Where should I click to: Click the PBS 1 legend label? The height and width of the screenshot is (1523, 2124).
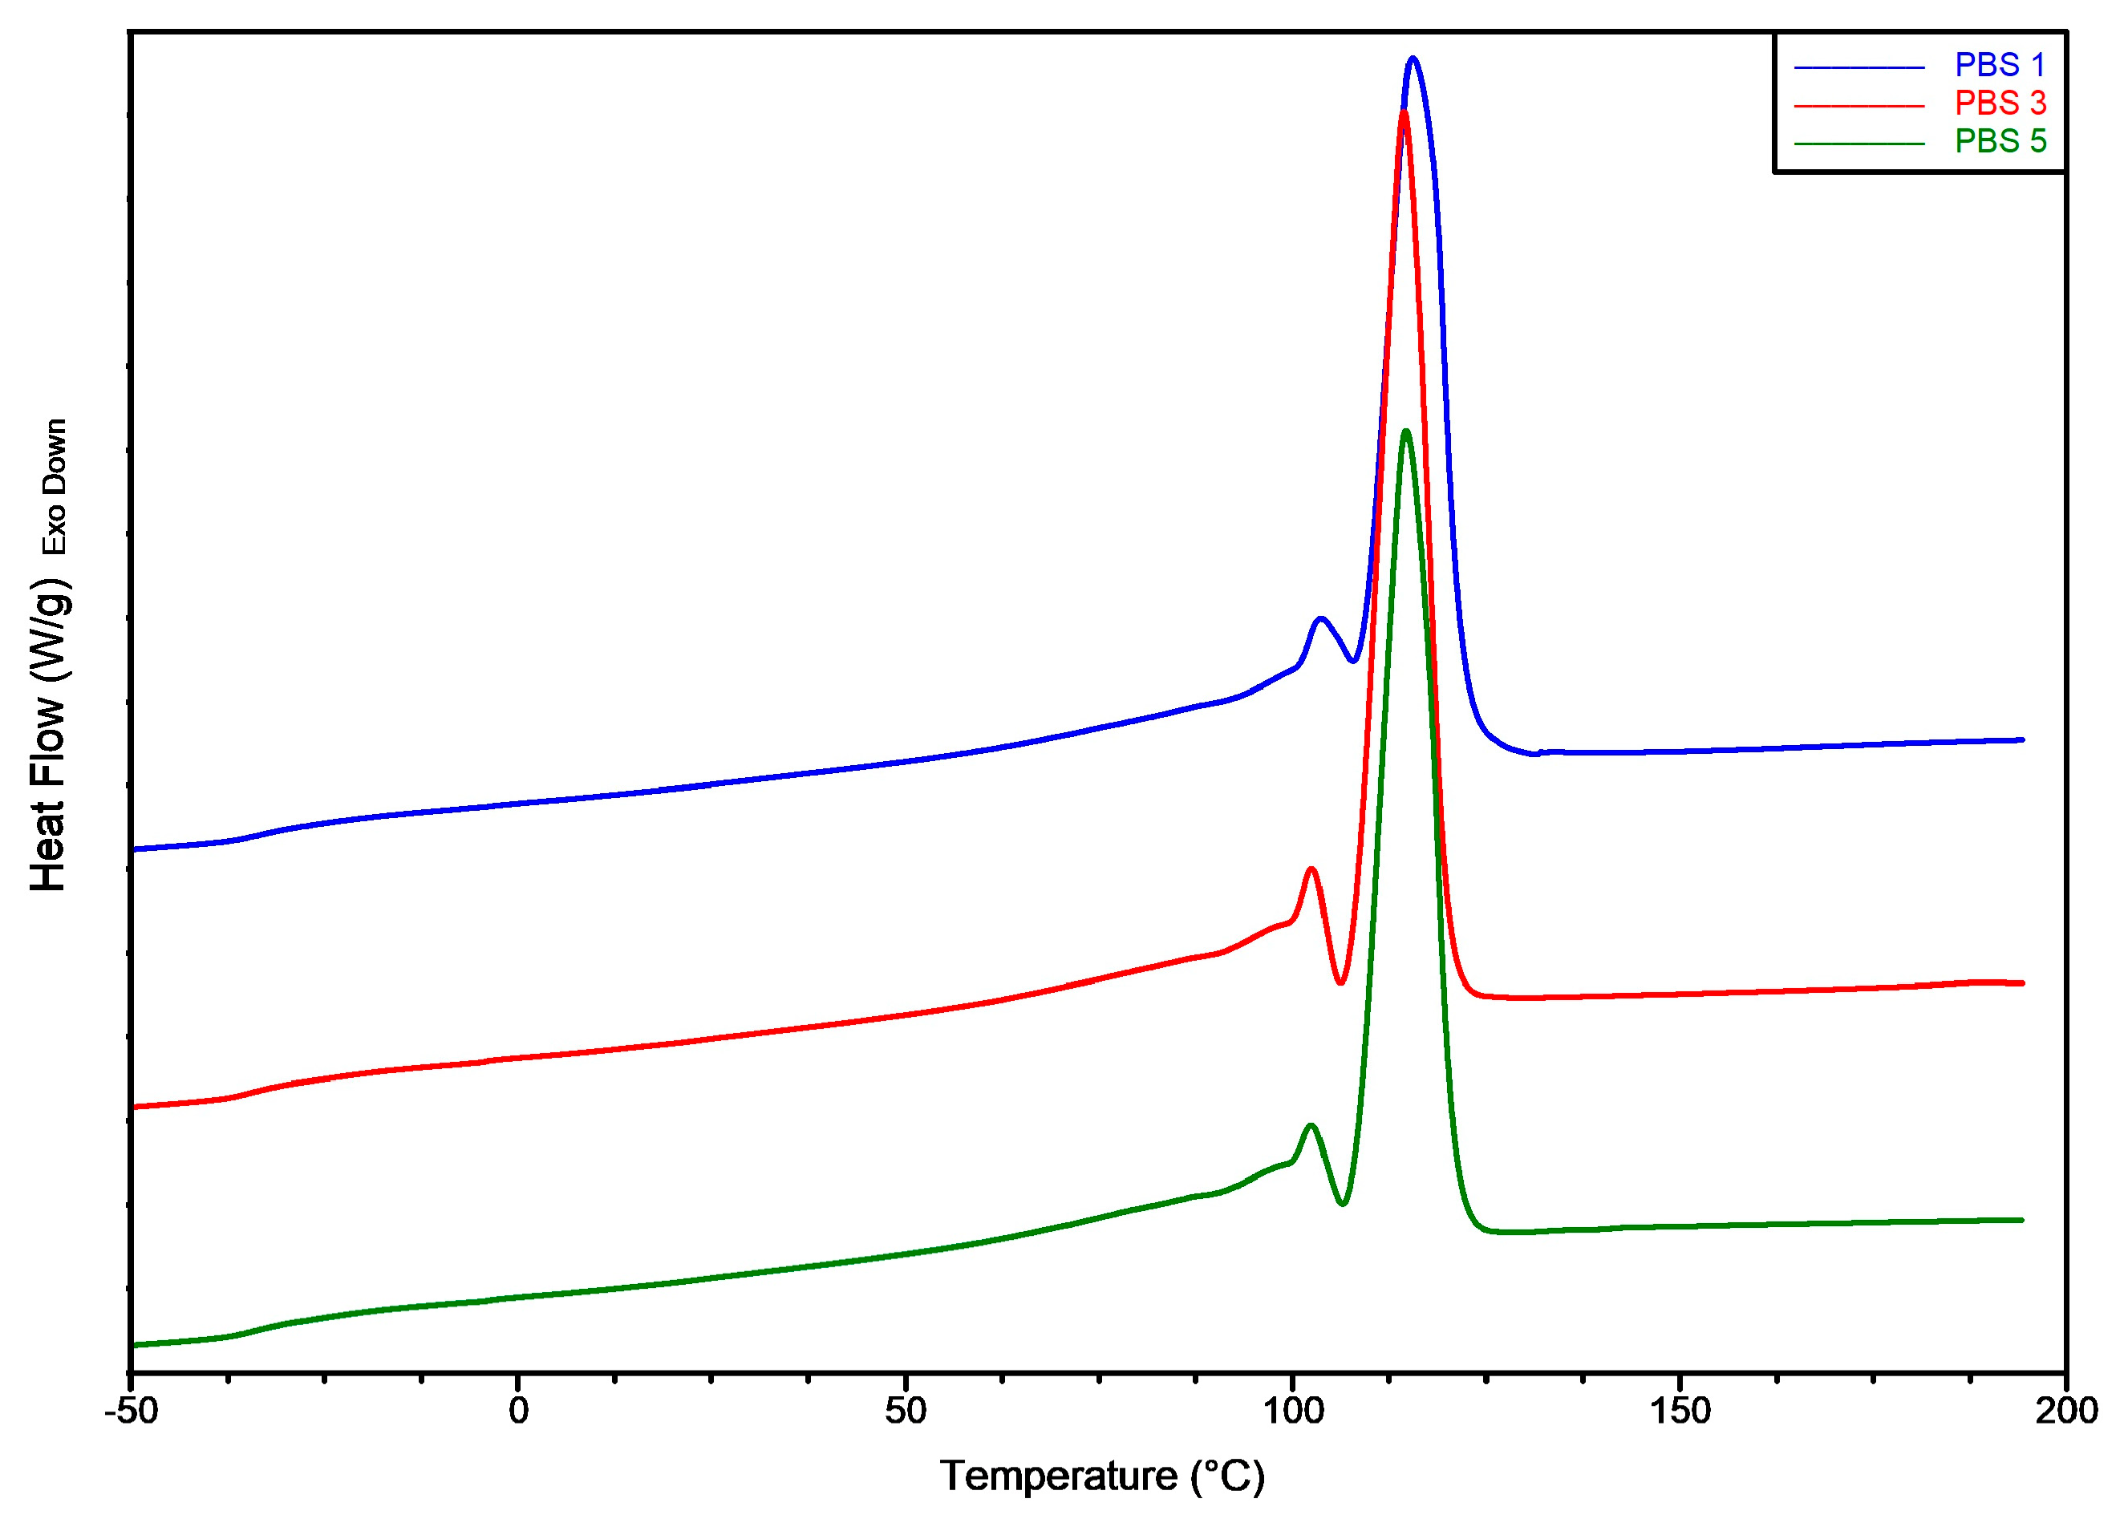click(x=2000, y=66)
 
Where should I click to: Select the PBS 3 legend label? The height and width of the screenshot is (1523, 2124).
click(x=2000, y=102)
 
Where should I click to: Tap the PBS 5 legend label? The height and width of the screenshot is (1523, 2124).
click(x=2000, y=140)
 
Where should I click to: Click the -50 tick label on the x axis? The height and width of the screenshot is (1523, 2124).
click(x=131, y=1411)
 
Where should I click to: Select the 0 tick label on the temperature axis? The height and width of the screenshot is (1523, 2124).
click(x=518, y=1411)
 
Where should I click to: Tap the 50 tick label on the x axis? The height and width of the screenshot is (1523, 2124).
click(x=905, y=1411)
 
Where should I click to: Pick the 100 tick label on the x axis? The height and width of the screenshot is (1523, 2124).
click(x=1292, y=1411)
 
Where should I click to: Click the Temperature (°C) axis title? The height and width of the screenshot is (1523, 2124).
click(x=1102, y=1476)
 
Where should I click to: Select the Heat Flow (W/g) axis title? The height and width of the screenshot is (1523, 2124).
click(x=49, y=735)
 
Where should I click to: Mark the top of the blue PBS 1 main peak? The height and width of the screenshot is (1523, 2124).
click(x=1413, y=59)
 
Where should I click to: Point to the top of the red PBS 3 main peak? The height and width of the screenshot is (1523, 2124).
click(x=1403, y=113)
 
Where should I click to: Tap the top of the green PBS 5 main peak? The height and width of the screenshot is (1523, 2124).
click(x=1405, y=431)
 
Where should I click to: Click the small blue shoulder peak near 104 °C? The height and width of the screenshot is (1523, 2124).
click(x=1320, y=618)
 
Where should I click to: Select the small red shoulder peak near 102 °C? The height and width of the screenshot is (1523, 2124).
click(x=1311, y=869)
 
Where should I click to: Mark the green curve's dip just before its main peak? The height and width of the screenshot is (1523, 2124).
click(x=1343, y=1204)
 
